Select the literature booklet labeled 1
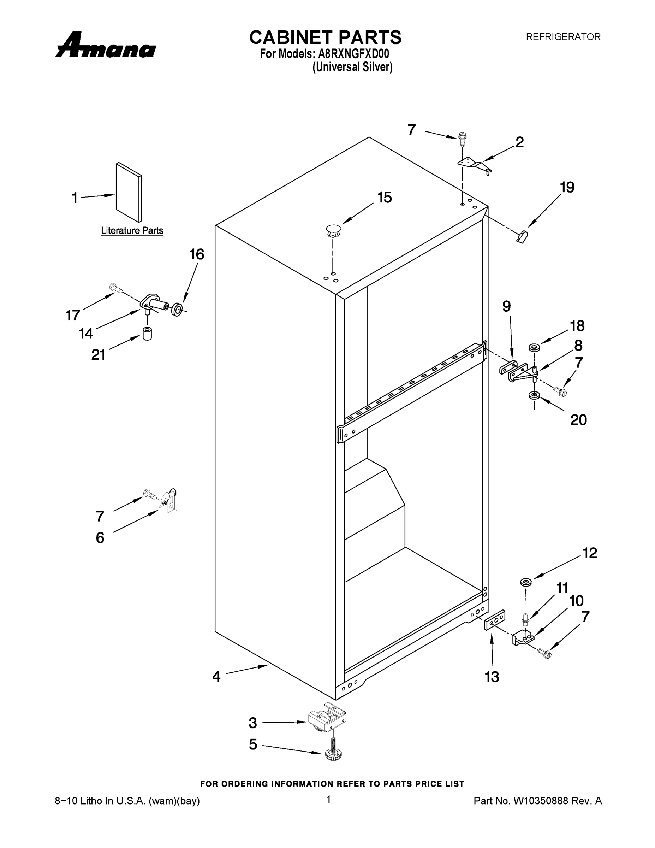pos(129,192)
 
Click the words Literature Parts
pos(132,231)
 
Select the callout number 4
pos(216,676)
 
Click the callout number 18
pos(577,326)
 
